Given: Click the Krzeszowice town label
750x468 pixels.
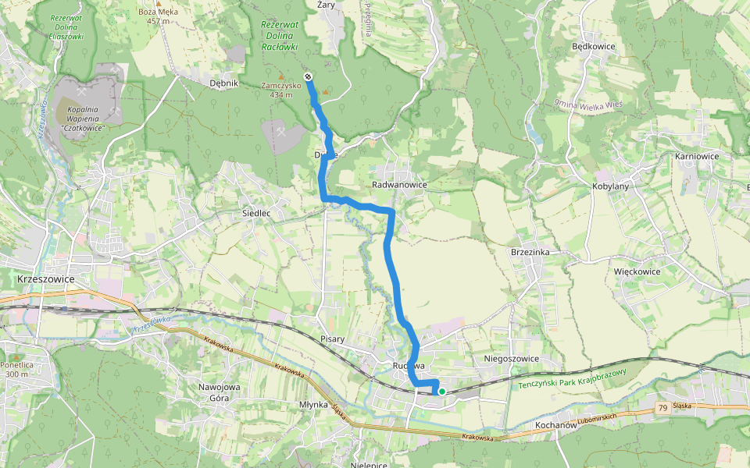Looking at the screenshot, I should pyautogui.click(x=45, y=278).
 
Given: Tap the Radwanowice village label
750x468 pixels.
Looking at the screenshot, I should pyautogui.click(x=398, y=185).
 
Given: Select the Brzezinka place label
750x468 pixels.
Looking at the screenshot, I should pyautogui.click(x=530, y=253).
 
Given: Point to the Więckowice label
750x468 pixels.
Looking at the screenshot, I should pyautogui.click(x=637, y=271).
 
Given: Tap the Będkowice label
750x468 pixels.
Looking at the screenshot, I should pyautogui.click(x=594, y=47).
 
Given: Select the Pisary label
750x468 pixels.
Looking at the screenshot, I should pyautogui.click(x=332, y=339).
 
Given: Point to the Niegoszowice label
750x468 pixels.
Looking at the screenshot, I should pyautogui.click(x=512, y=359).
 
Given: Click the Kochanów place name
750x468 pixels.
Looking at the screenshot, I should pyautogui.click(x=555, y=426).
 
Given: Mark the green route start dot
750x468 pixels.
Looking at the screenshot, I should pyautogui.click(x=441, y=392).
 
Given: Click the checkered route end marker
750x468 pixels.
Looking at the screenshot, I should pyautogui.click(x=309, y=76).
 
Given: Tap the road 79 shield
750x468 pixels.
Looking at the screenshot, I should pyautogui.click(x=662, y=408).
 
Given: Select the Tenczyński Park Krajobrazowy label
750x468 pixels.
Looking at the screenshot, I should pyautogui.click(x=573, y=379).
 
